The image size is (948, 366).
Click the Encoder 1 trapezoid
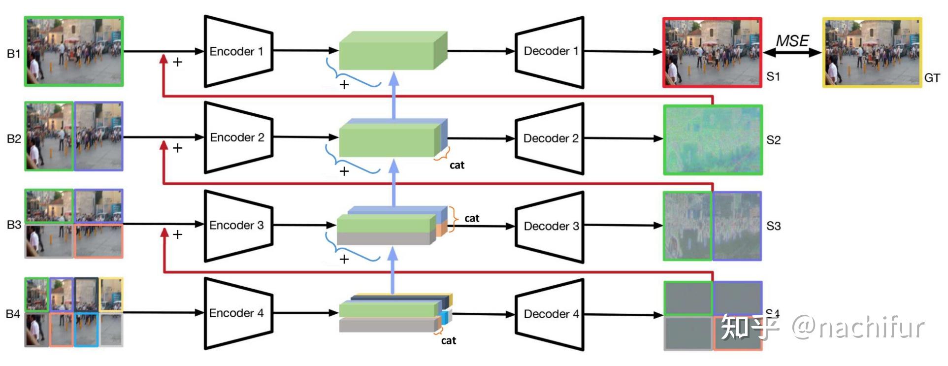[x=238, y=52]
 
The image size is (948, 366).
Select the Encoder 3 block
[x=238, y=226]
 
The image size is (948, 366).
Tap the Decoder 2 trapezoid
[x=550, y=138]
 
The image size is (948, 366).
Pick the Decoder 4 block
[x=550, y=314]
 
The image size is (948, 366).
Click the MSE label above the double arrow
[x=792, y=41]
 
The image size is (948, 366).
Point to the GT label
[x=932, y=78]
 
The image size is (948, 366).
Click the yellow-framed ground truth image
[x=872, y=52]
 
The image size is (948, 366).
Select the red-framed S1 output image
[x=712, y=52]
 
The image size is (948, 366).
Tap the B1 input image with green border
[x=74, y=51]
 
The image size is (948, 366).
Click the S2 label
[x=773, y=140]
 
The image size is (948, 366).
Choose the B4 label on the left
[x=13, y=314]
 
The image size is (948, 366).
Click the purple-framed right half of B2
[x=98, y=136]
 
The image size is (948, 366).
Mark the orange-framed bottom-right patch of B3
[x=98, y=241]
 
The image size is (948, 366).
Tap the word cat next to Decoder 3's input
[x=471, y=218]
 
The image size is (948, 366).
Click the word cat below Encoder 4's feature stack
[x=448, y=340]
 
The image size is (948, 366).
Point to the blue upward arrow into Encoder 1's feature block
[x=393, y=94]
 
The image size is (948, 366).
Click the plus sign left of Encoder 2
[x=177, y=148]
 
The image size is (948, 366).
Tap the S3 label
[x=773, y=226]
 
